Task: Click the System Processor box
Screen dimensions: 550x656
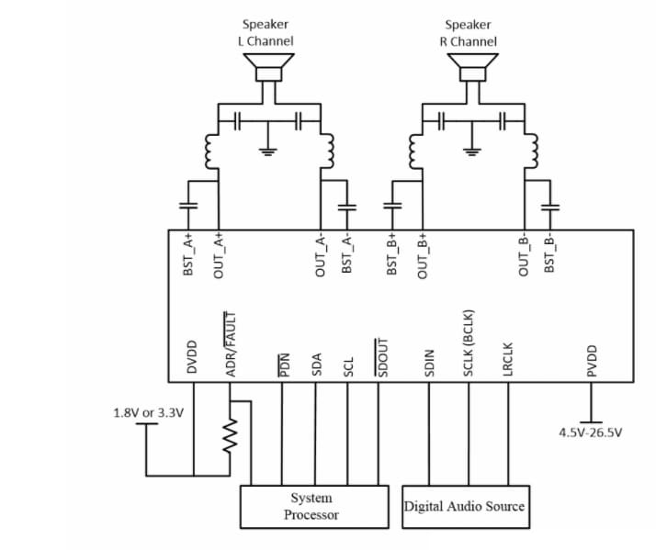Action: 314,506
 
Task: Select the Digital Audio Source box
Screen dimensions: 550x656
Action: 465,506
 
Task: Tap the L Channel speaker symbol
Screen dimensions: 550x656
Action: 268,69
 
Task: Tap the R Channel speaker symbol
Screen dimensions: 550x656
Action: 472,69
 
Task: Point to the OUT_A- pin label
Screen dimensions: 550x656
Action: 321,254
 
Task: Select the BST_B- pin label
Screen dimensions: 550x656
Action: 549,253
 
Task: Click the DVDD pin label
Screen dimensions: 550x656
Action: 193,357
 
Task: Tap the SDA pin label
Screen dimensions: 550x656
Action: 317,365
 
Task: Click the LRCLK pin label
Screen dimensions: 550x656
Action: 507,358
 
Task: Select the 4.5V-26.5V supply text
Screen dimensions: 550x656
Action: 590,432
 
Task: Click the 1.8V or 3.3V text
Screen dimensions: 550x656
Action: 148,412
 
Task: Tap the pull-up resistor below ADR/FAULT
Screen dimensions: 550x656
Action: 232,437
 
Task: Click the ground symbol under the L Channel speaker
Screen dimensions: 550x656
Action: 268,151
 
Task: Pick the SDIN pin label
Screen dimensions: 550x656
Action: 429,363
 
